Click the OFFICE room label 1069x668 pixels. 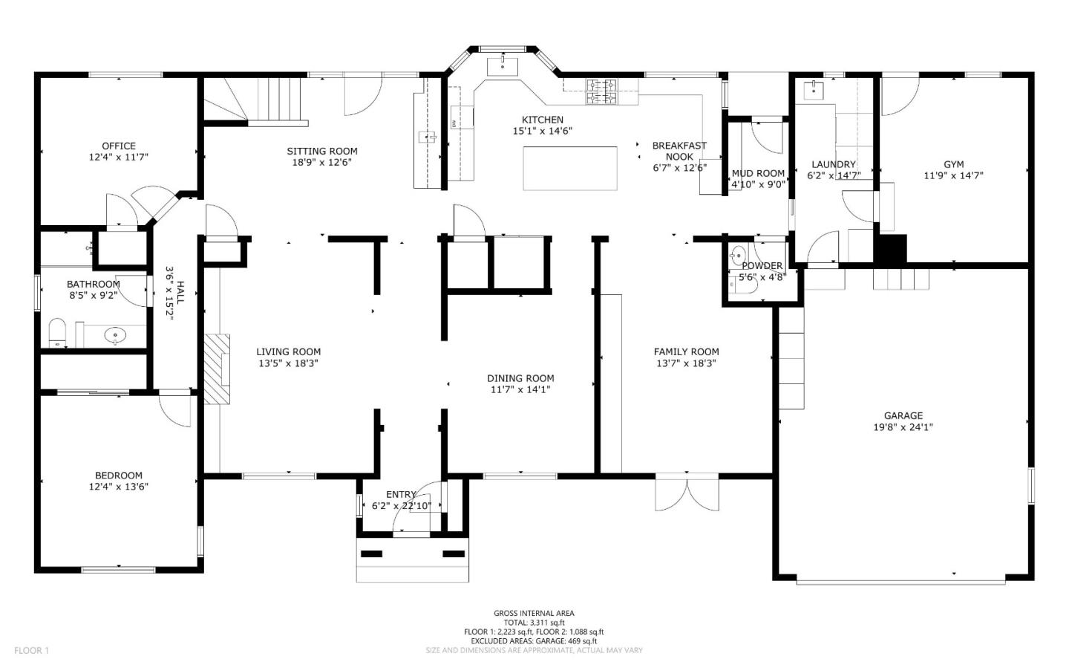point(119,146)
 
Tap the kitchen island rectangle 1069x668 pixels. point(570,169)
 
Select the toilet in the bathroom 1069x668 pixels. point(57,333)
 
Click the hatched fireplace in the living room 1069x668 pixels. point(218,368)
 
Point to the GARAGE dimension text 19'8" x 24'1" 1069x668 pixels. point(903,427)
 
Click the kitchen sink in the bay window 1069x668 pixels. point(503,66)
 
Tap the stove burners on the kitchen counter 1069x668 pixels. point(601,91)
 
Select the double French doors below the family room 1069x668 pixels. point(687,493)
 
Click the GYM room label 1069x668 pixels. point(954,164)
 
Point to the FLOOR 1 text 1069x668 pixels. point(31,650)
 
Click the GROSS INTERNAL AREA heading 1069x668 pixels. point(534,614)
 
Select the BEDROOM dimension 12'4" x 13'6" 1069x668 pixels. point(119,487)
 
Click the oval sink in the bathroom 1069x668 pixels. point(115,336)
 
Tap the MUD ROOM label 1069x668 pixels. point(758,174)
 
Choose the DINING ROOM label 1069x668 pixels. point(520,378)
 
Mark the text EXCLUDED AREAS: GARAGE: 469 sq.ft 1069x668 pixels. point(534,641)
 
